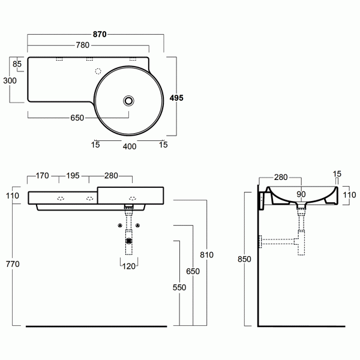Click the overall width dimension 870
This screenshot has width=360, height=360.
99,35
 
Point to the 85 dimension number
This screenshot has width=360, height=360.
17,64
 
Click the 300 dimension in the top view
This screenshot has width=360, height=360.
9,80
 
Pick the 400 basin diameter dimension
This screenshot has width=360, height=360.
130,146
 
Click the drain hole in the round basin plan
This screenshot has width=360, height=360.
128,100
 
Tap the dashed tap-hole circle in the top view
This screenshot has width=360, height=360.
97,71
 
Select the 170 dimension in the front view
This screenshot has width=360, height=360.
42,176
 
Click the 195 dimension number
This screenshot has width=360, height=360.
73,176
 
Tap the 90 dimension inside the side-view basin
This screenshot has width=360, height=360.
301,194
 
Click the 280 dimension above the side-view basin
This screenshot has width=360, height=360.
281,177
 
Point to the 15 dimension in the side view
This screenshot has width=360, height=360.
337,174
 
